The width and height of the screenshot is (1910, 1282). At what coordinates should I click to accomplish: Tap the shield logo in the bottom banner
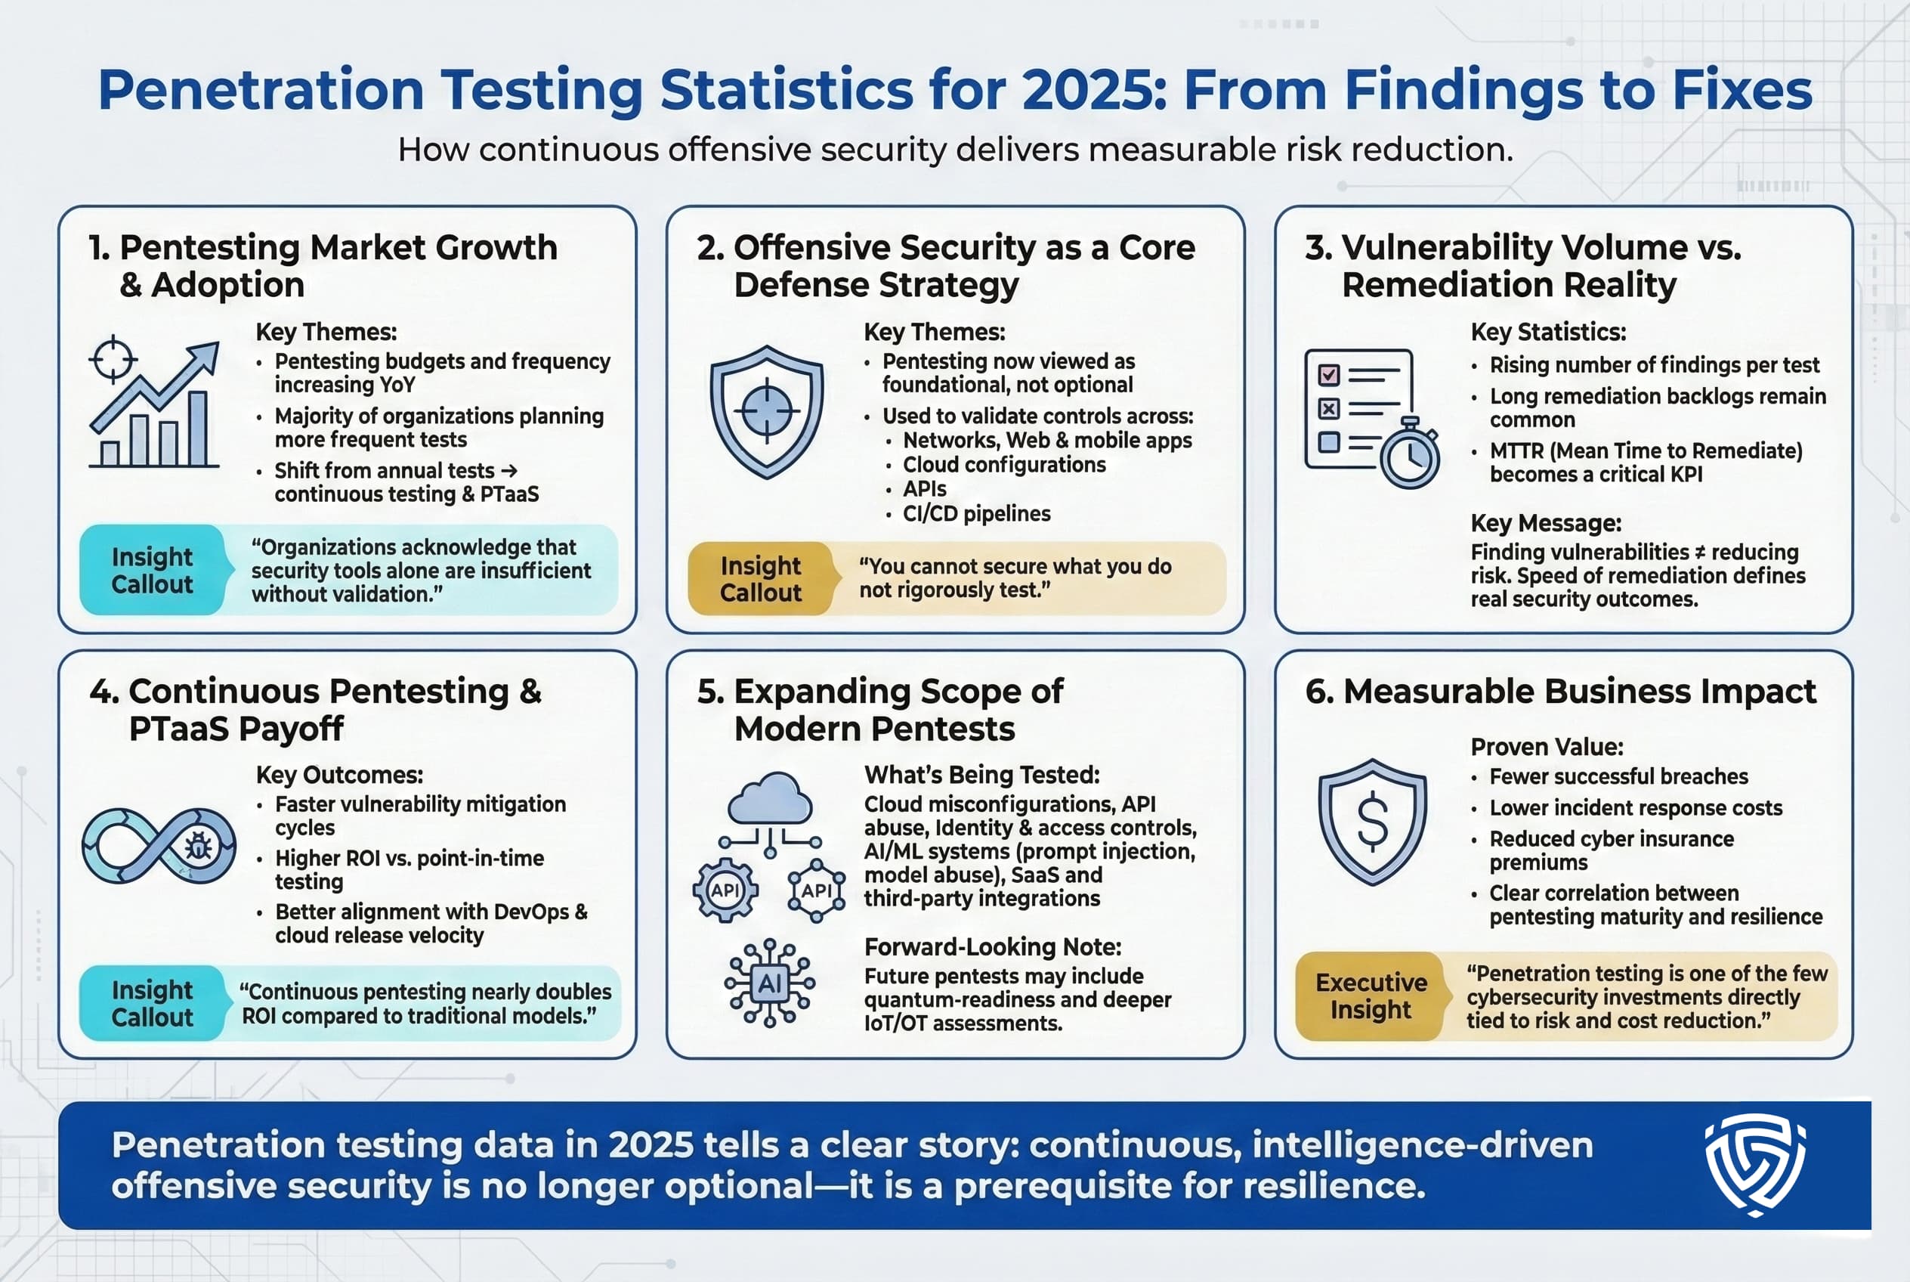tap(1754, 1164)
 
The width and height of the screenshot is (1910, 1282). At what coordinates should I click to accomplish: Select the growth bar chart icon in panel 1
tap(154, 404)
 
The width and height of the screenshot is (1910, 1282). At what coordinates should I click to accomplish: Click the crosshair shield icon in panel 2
tap(766, 411)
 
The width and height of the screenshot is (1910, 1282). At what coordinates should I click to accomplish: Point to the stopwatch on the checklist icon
tap(1409, 454)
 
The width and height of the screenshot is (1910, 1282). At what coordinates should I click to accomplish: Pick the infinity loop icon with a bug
tap(159, 845)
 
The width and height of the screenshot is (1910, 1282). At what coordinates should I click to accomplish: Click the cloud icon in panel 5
tap(769, 799)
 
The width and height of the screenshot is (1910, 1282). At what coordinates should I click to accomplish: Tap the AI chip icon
tap(769, 983)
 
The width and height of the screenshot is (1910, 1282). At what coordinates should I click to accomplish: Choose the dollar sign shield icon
tap(1372, 821)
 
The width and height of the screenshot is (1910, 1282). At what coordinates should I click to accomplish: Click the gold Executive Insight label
tap(1371, 996)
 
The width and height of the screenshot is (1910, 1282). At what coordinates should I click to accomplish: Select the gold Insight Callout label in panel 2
tap(761, 579)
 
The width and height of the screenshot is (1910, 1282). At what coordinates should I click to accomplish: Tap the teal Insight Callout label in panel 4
tap(152, 1003)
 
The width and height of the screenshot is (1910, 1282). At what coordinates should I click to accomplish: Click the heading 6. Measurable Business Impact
tap(1560, 692)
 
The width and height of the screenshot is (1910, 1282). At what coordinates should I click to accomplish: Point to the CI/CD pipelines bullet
tap(976, 513)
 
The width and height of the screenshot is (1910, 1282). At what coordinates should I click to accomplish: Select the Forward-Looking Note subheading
tap(992, 947)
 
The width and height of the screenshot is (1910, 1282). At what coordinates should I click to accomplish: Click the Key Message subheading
tap(1546, 523)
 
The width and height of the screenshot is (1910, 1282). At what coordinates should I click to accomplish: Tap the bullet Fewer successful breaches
tap(1618, 776)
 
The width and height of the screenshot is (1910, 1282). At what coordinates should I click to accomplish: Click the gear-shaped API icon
tap(725, 890)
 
